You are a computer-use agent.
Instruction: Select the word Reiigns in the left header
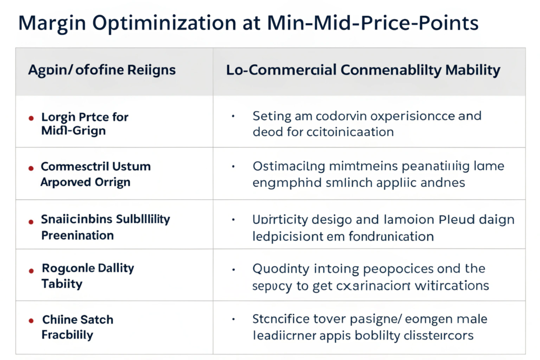[x=150, y=70]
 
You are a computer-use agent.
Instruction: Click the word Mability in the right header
[x=471, y=70]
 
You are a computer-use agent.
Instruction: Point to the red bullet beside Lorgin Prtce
[x=31, y=118]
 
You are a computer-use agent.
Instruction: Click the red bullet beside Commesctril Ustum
[x=31, y=168]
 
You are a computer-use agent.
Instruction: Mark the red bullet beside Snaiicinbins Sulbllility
[x=31, y=220]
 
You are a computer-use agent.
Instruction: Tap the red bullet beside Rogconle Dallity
[x=31, y=269]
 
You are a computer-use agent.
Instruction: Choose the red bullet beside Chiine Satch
[x=31, y=320]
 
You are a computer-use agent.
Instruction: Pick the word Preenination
[x=78, y=235]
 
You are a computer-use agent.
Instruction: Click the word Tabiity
[x=62, y=284]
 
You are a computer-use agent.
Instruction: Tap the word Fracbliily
[x=67, y=335]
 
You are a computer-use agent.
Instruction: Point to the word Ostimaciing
[x=290, y=167]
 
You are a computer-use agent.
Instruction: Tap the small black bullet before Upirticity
[x=233, y=219]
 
